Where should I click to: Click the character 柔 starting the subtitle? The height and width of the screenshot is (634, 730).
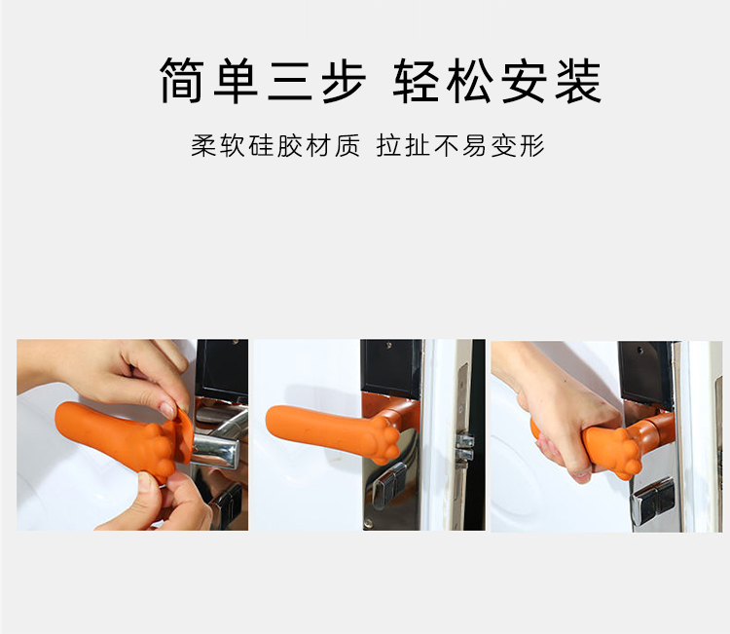[x=204, y=146]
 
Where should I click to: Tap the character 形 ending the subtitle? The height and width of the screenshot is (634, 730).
[x=532, y=146]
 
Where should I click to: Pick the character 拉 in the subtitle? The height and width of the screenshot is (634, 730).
[x=389, y=146]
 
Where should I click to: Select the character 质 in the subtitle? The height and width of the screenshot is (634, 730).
[x=347, y=146]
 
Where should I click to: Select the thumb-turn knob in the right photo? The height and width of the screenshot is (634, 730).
[x=648, y=502]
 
